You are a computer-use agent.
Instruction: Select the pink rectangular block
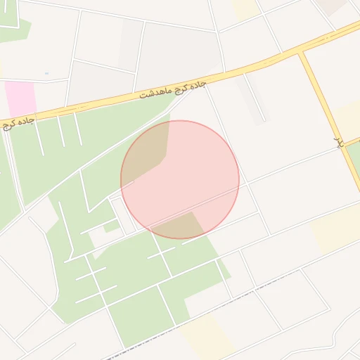[20, 98]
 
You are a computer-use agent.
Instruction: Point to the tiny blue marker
[46, 73]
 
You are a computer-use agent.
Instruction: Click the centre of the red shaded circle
[180, 179]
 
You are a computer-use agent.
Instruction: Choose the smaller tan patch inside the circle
[181, 226]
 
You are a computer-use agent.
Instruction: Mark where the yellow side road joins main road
[304, 53]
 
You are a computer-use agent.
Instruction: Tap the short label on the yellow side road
[338, 142]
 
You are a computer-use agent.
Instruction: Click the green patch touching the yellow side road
[354, 158]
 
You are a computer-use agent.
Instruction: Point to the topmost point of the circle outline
[180, 120]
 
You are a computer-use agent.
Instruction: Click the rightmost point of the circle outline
[239, 179]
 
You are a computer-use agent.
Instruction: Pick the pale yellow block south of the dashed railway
[207, 334]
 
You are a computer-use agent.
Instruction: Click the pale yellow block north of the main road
[246, 8]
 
